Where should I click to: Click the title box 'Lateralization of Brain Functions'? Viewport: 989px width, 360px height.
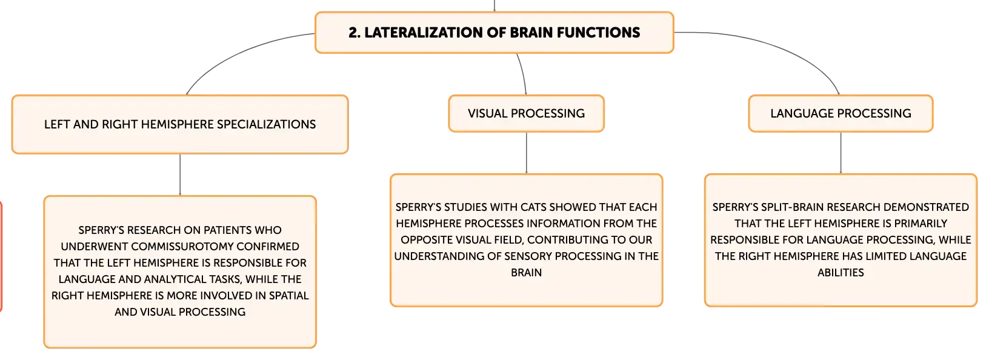coord(494,33)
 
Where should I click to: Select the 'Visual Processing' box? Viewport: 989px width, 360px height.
coord(526,113)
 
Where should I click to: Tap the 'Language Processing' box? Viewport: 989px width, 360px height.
coord(841,113)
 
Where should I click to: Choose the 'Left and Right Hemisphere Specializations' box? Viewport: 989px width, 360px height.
coord(180,125)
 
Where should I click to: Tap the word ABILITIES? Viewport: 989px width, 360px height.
coord(841,273)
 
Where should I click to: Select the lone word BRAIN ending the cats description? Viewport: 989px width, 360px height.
coord(526,273)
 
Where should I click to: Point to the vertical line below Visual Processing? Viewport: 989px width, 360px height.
coord(526,153)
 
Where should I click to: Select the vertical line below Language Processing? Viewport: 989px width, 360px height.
coord(841,153)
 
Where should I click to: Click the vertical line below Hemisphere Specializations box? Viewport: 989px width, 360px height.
coord(180,175)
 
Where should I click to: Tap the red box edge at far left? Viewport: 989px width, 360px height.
coord(1,256)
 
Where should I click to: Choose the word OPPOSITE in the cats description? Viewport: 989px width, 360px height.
coord(427,240)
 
